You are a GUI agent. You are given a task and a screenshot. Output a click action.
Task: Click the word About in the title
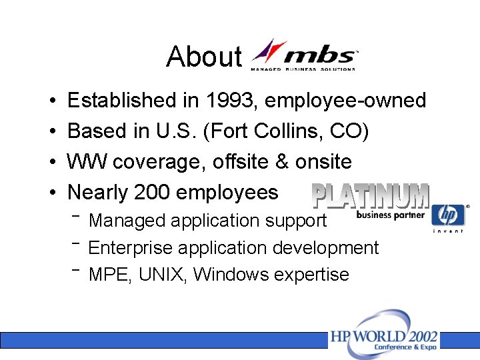203,57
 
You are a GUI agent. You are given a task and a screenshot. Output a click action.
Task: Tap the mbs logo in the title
304,55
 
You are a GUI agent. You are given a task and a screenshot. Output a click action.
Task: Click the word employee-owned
345,101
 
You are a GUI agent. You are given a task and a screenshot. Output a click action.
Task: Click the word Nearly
98,193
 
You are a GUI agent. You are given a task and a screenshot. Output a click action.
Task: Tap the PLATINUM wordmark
371,196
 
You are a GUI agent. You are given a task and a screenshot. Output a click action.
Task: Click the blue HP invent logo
448,217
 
